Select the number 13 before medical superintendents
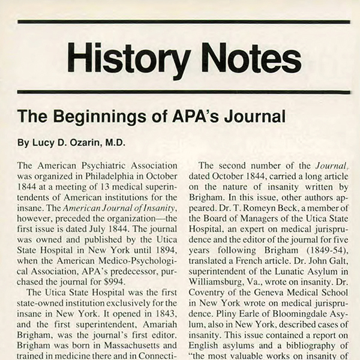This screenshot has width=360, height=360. (93, 188)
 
